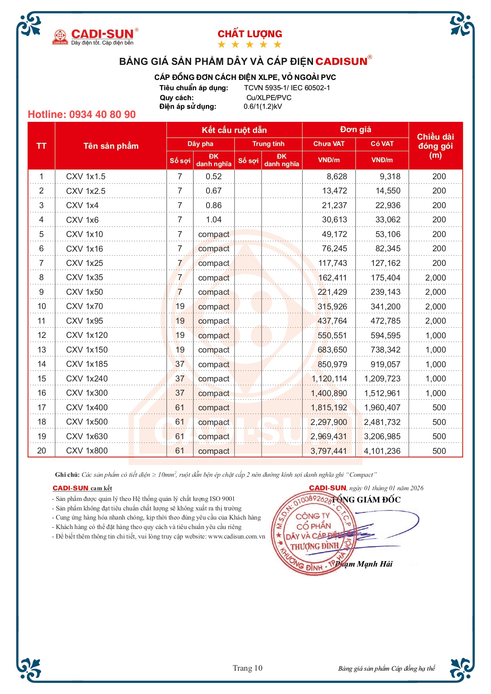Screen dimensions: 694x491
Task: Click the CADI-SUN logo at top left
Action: click(95, 36)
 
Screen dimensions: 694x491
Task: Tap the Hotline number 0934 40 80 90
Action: click(82, 115)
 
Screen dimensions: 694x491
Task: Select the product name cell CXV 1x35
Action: click(84, 277)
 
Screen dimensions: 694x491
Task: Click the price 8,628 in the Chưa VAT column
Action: click(337, 176)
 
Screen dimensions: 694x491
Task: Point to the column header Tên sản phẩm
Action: click(111, 146)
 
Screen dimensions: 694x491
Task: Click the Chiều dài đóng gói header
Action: click(435, 146)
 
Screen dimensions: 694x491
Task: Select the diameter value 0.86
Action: click(214, 205)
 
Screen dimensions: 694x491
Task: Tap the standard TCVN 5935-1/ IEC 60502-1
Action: click(287, 88)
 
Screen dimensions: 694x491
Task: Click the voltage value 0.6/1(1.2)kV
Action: click(263, 106)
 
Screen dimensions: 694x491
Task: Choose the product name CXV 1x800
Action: click(87, 451)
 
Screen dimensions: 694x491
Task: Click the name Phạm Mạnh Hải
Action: click(364, 564)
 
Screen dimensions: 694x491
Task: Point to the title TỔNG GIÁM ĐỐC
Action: click(366, 500)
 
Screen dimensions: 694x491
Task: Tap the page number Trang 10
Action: click(247, 668)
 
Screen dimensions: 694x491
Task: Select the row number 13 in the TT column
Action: click(42, 350)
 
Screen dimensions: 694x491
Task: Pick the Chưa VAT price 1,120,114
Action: click(329, 379)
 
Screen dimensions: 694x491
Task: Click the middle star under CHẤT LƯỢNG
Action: click(250, 44)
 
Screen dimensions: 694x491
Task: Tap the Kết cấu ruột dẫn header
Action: click(234, 130)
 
